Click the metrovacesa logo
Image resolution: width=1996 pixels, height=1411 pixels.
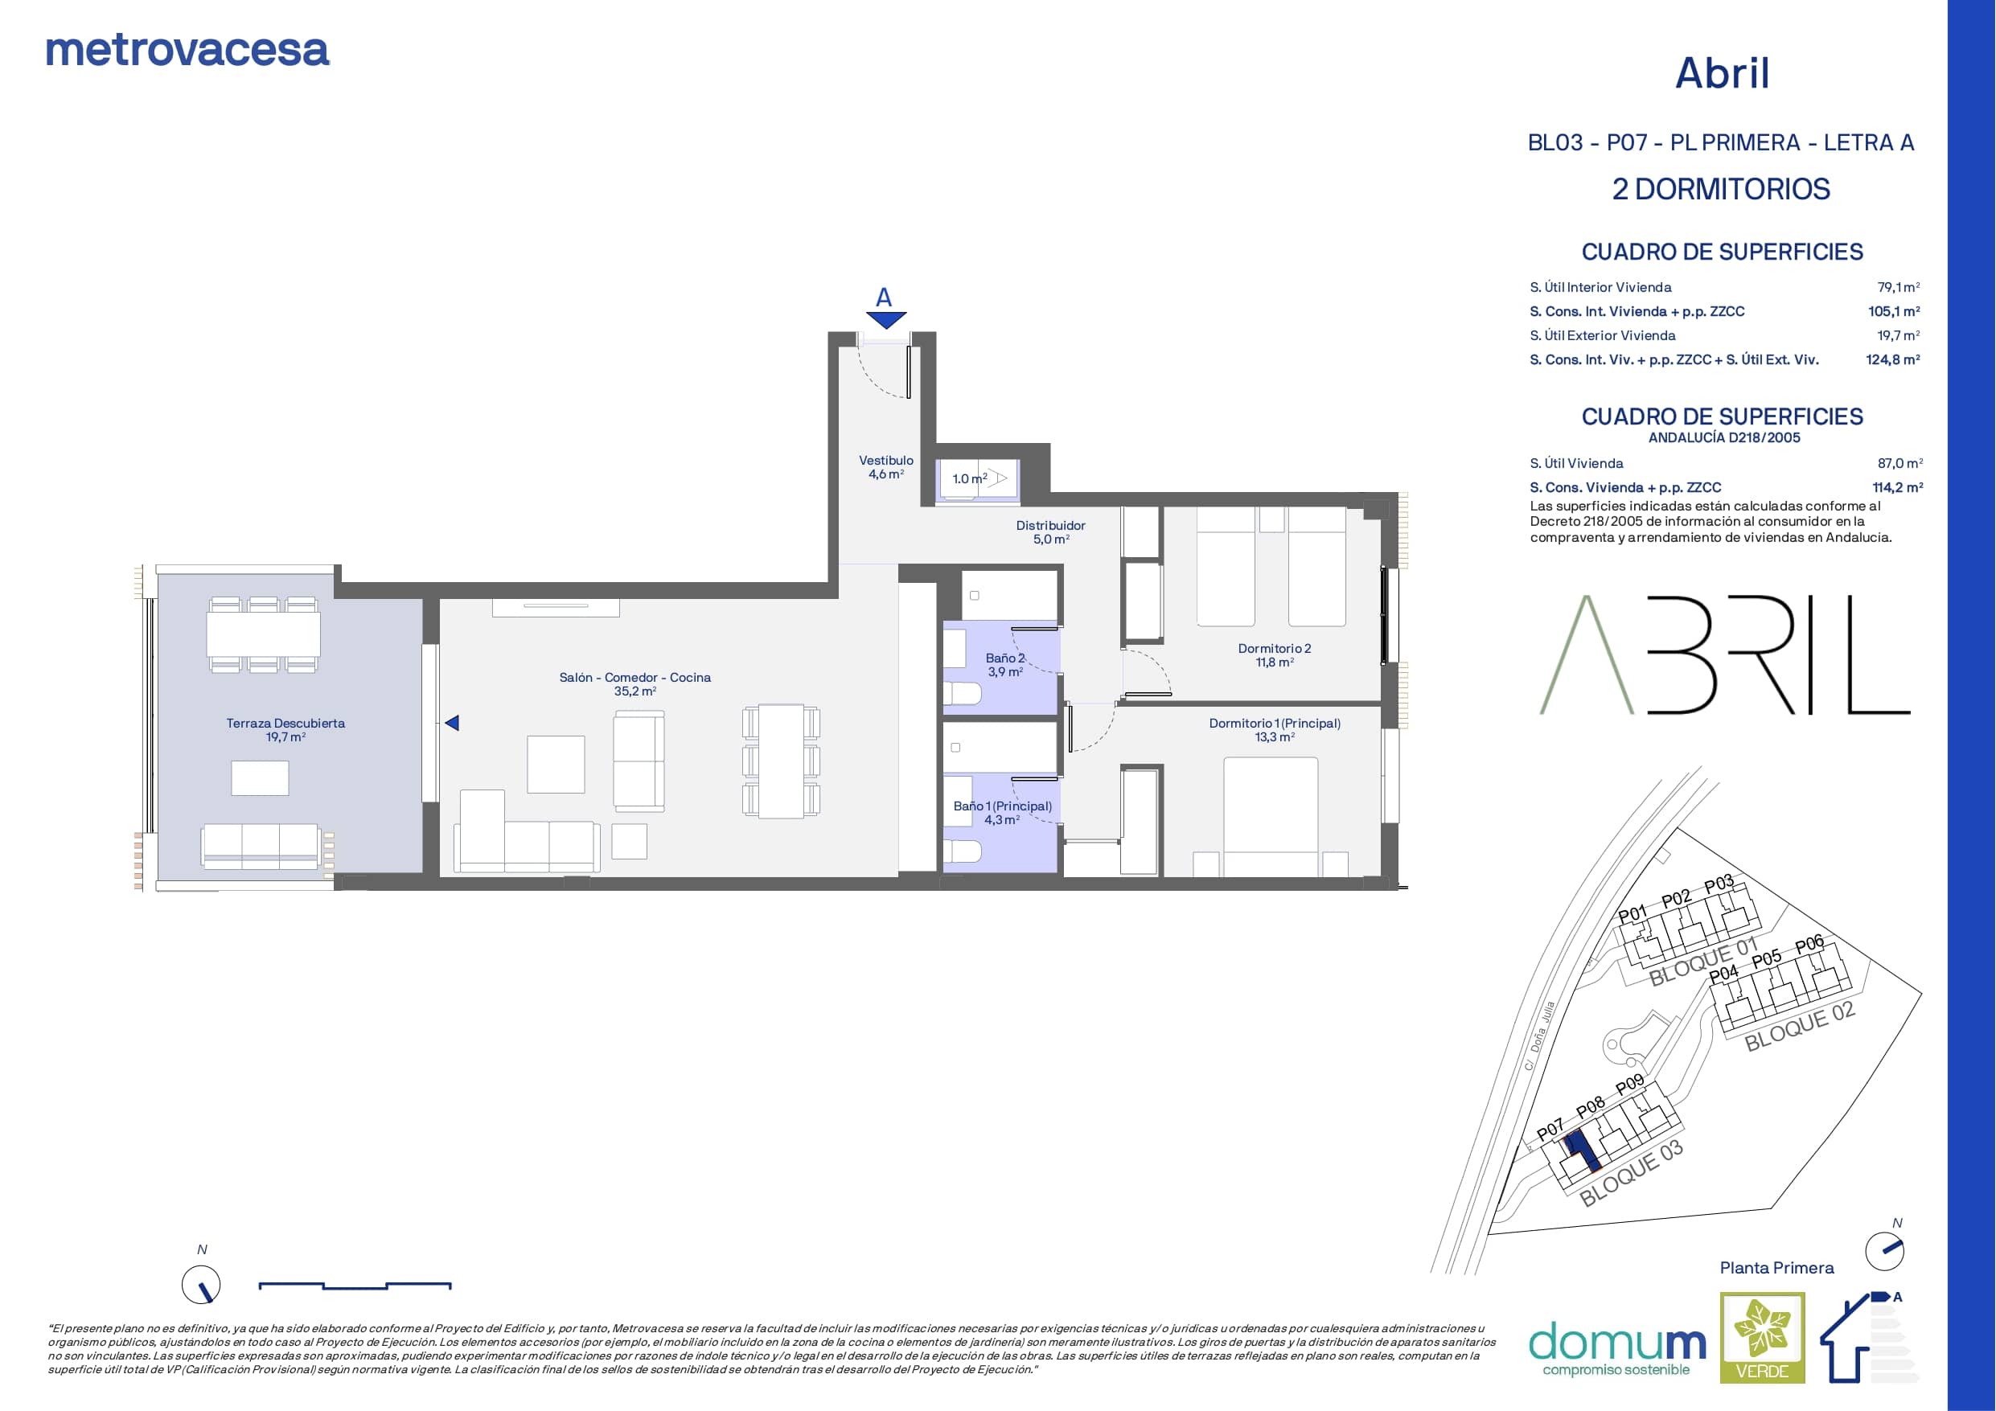pyautogui.click(x=187, y=51)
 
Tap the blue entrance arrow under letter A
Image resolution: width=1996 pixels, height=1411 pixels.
pyautogui.click(x=886, y=320)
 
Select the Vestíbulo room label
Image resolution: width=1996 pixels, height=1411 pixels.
pyautogui.click(x=886, y=461)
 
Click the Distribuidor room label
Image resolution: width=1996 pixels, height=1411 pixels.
pyautogui.click(x=1050, y=526)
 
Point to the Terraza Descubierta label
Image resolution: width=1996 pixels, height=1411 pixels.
pyautogui.click(x=285, y=724)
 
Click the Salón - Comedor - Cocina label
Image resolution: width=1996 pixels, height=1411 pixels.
pyautogui.click(x=635, y=678)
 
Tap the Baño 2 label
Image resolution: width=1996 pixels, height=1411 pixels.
pyautogui.click(x=1005, y=658)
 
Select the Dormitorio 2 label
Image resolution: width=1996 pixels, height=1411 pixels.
pyautogui.click(x=1275, y=649)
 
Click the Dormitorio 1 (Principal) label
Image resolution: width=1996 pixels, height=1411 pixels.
pyautogui.click(x=1275, y=724)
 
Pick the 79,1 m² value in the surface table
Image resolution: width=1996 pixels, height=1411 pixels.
pyautogui.click(x=1899, y=287)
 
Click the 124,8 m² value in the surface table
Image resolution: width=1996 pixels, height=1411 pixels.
pyautogui.click(x=1893, y=359)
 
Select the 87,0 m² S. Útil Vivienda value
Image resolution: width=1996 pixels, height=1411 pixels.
pyautogui.click(x=1900, y=463)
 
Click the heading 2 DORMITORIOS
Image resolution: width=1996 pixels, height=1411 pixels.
pyautogui.click(x=1721, y=190)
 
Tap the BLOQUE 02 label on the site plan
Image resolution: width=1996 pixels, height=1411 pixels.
pyautogui.click(x=1800, y=1026)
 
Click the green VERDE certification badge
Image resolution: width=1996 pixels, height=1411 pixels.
pyautogui.click(x=1762, y=1337)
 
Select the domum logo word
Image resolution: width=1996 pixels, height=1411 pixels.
pyautogui.click(x=1617, y=1343)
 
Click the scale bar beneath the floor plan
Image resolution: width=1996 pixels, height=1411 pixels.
pyautogui.click(x=355, y=1286)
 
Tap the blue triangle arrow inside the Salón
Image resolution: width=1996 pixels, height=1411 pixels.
pyautogui.click(x=451, y=723)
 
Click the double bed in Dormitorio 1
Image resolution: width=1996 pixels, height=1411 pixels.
pyautogui.click(x=1271, y=816)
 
